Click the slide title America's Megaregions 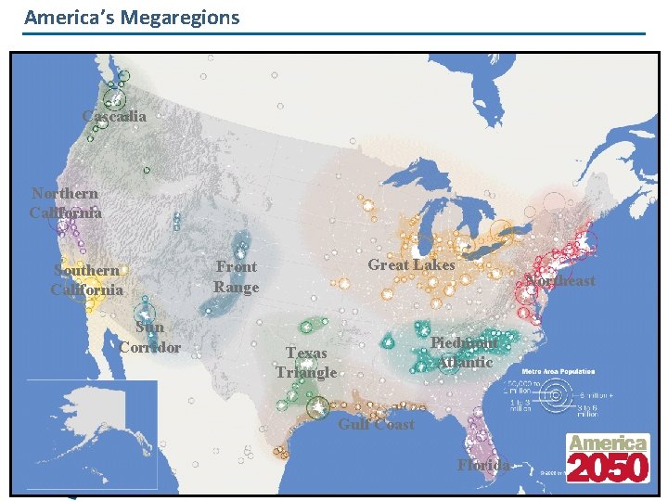tap(132, 18)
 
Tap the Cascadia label tap(114, 117)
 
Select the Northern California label tap(65, 203)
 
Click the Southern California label tap(86, 280)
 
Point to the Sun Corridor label tap(149, 337)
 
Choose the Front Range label tap(237, 276)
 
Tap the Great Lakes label tap(411, 265)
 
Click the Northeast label tap(559, 281)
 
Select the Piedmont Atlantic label tap(464, 353)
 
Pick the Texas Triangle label tap(306, 363)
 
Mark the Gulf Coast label tap(376, 424)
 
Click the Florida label tap(483, 465)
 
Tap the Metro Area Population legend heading tap(559, 371)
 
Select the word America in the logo tap(607, 443)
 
